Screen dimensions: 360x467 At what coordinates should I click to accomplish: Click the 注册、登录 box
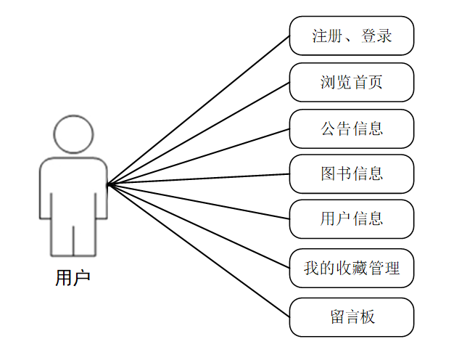[x=352, y=36]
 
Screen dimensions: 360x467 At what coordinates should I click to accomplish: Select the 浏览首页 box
[x=352, y=82]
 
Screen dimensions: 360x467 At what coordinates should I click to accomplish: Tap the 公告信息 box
[x=352, y=128]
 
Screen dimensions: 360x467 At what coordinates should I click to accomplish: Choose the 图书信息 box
[x=352, y=173]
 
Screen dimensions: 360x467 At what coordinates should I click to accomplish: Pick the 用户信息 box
[x=352, y=218]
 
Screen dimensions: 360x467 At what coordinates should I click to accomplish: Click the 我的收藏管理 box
[x=352, y=268]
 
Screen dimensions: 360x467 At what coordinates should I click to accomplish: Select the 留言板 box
[x=352, y=317]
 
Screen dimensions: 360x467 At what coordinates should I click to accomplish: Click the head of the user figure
[x=73, y=133]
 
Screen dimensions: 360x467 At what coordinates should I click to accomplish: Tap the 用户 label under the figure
[x=73, y=277]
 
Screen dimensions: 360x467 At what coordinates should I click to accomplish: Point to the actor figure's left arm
[x=45, y=192]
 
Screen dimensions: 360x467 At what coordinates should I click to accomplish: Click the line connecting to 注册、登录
[x=199, y=110]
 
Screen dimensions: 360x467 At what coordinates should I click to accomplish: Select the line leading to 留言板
[x=199, y=250]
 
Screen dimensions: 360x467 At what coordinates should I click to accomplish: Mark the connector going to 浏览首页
[x=199, y=133]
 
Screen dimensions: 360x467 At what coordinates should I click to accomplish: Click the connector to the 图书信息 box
[x=199, y=179]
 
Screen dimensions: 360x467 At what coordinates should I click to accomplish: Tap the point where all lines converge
[x=108, y=184]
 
